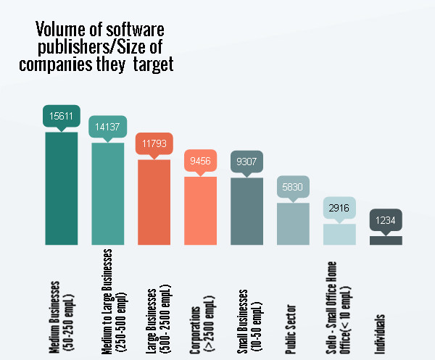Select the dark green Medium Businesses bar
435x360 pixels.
tap(62, 188)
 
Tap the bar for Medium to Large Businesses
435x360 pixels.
tap(108, 193)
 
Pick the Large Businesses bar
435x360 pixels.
tap(154, 201)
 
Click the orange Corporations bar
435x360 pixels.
tap(201, 210)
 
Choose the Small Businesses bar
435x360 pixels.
tap(247, 211)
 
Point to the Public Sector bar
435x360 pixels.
tap(294, 223)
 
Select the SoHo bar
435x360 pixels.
tap(340, 233)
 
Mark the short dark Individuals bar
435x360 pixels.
tap(386, 240)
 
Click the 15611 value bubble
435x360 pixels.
tap(62, 116)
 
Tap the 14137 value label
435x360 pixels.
tap(108, 127)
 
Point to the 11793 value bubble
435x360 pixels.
tap(154, 143)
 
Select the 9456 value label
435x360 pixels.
tap(201, 161)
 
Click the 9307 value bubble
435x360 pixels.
tap(247, 162)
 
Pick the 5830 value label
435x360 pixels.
tap(294, 187)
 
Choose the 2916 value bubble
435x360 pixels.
tap(340, 208)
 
